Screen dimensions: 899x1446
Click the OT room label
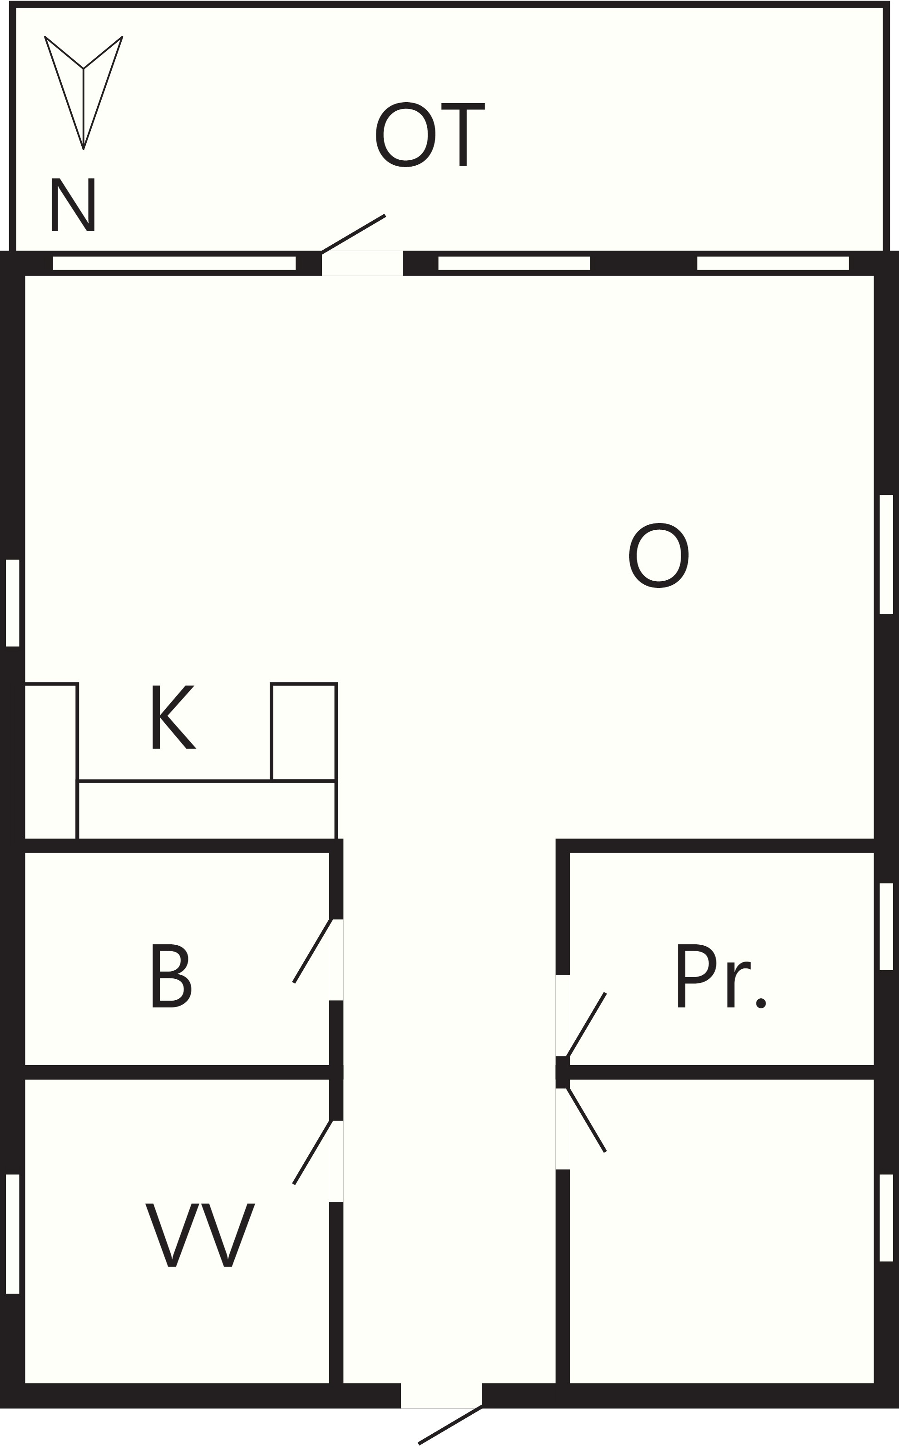pyautogui.click(x=430, y=134)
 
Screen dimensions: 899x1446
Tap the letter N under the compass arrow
pyautogui.click(x=73, y=205)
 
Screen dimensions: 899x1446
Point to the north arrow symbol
pyautogui.click(x=83, y=92)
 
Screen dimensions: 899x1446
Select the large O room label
pyautogui.click(x=659, y=555)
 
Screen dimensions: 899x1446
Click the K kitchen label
pyautogui.click(x=173, y=717)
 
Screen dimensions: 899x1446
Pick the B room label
pyautogui.click(x=172, y=976)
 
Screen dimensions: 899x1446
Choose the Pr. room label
pyautogui.click(x=721, y=976)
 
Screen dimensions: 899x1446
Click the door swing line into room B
pyautogui.click(x=312, y=951)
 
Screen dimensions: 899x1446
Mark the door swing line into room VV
pyautogui.click(x=312, y=1152)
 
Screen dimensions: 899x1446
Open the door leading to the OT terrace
pyautogui.click(x=354, y=234)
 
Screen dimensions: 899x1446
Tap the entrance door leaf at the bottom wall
pyautogui.click(x=450, y=1425)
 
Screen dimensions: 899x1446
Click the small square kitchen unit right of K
pyautogui.click(x=304, y=732)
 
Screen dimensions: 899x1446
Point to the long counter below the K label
pyautogui.click(x=207, y=810)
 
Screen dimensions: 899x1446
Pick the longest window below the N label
pyautogui.click(x=174, y=263)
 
